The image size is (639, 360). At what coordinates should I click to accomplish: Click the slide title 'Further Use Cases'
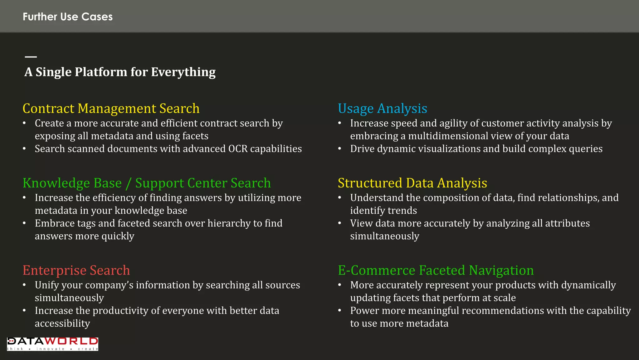click(68, 17)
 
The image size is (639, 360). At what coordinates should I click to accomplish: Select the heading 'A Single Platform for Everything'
click(120, 72)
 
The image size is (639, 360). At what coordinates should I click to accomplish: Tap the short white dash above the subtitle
click(31, 57)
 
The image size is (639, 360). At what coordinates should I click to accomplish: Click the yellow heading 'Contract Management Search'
click(111, 109)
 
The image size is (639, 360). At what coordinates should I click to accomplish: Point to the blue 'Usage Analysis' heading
click(383, 109)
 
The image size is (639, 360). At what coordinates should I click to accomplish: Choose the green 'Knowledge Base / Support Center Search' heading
click(147, 183)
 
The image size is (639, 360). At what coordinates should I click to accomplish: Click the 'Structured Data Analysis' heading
click(412, 183)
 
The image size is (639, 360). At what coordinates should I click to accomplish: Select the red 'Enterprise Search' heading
click(76, 270)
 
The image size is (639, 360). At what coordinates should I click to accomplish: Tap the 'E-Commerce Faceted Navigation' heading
click(436, 270)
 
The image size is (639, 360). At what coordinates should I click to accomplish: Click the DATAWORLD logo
click(52, 344)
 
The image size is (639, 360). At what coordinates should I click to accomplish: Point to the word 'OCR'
click(238, 149)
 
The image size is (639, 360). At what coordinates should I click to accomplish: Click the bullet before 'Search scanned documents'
click(24, 149)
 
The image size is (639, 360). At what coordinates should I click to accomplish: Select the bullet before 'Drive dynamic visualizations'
click(340, 149)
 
